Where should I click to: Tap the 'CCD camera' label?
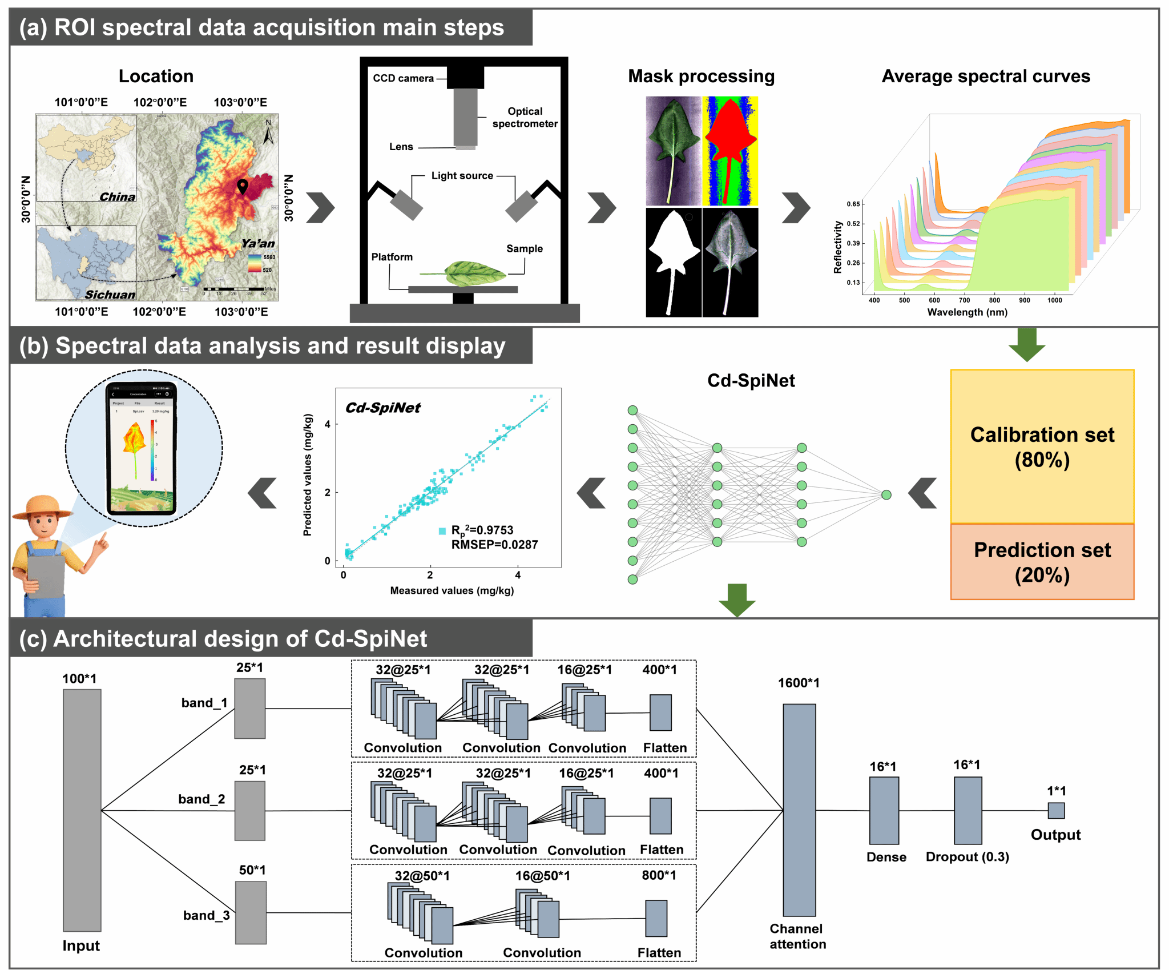pyautogui.click(x=403, y=78)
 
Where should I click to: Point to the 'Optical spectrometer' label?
pyautogui.click(x=525, y=118)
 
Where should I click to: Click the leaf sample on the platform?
pyautogui.click(x=474, y=273)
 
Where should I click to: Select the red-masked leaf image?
pyautogui.click(x=730, y=151)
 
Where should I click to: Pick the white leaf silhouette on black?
pyautogui.click(x=674, y=262)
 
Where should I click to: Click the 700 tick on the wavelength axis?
pyautogui.click(x=964, y=300)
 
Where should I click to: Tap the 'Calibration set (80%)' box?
pyautogui.click(x=1042, y=446)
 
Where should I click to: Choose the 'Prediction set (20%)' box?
pyautogui.click(x=1042, y=562)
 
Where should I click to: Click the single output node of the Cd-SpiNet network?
pyautogui.click(x=886, y=495)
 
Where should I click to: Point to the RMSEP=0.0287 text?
pyautogui.click(x=494, y=545)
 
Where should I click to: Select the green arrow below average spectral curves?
pyautogui.click(x=1026, y=345)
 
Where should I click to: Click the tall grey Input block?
pyautogui.click(x=82, y=810)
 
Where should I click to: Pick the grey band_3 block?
pyautogui.click(x=251, y=912)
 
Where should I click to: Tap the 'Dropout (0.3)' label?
pyautogui.click(x=967, y=857)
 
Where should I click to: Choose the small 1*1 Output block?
pyautogui.click(x=1055, y=811)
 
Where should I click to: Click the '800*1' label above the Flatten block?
pyautogui.click(x=659, y=875)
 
